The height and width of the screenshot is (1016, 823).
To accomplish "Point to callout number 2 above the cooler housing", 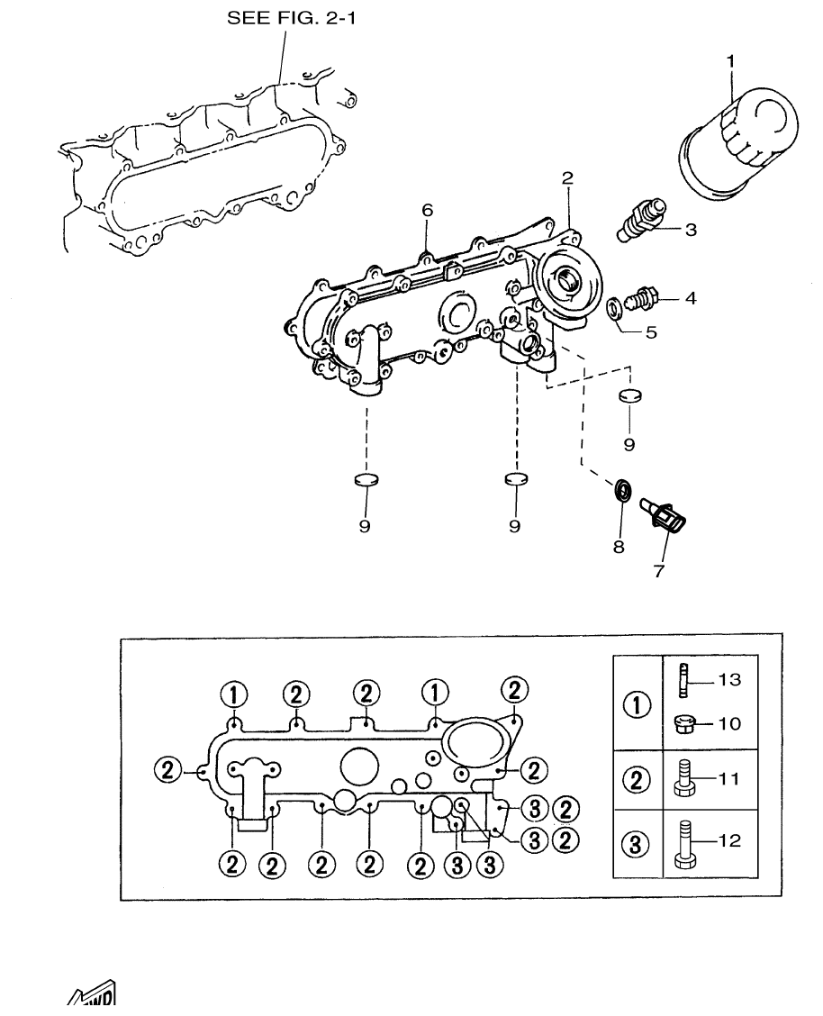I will click(567, 177).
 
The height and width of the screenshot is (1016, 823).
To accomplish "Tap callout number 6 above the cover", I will click(428, 210).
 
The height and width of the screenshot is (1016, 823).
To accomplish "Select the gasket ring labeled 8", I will click(621, 491).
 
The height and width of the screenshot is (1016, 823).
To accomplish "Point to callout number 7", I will click(659, 571).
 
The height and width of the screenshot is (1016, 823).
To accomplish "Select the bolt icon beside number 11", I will click(682, 778).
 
